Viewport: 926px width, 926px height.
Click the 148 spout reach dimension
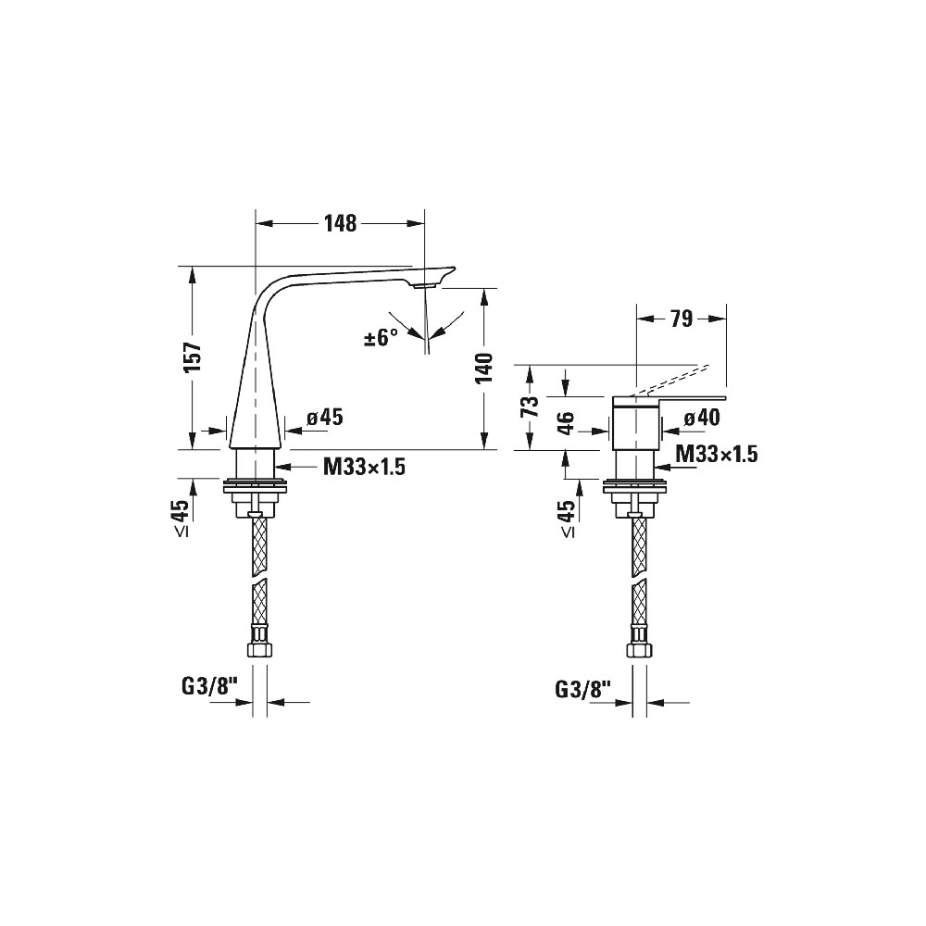pos(341,224)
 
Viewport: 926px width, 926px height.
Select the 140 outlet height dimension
pos(484,368)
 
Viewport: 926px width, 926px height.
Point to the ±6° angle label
pos(381,338)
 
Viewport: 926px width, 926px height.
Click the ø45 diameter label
pos(325,418)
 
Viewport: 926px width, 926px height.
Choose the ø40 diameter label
pos(702,419)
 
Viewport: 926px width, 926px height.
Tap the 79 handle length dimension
pos(681,319)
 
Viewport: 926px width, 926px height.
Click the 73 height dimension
pos(532,407)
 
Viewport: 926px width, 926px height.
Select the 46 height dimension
pos(566,423)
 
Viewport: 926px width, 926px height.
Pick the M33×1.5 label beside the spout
pos(364,468)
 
